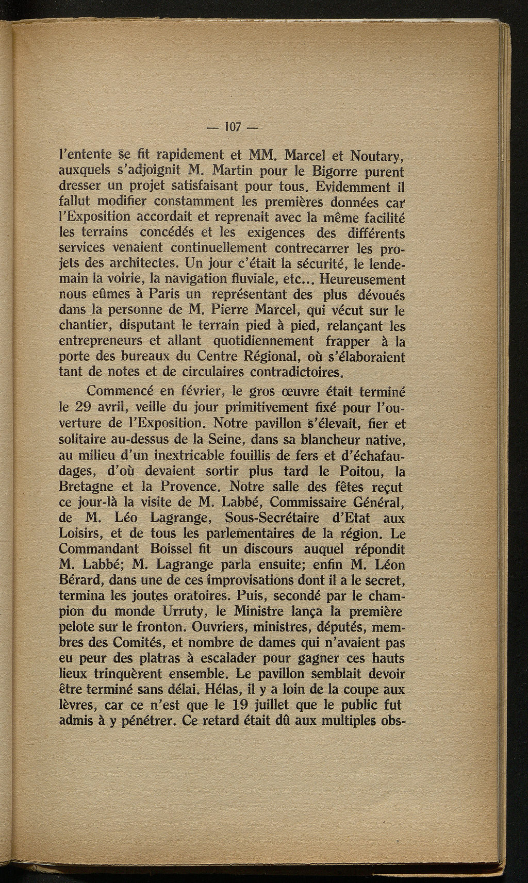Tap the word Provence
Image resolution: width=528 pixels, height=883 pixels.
point(189,486)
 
